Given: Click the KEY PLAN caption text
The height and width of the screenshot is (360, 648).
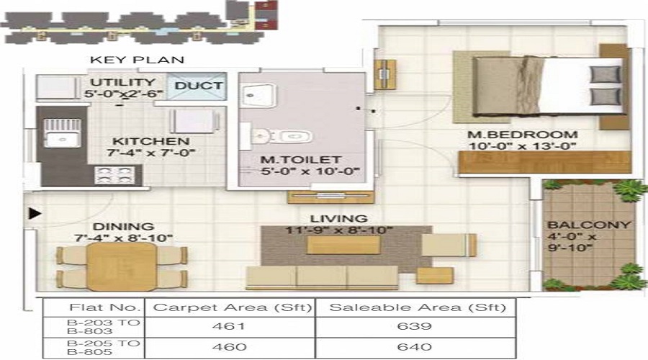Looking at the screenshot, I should click(137, 60).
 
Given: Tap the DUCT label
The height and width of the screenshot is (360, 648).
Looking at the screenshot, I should click(199, 86).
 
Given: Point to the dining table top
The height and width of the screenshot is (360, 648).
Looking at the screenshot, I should click(122, 266).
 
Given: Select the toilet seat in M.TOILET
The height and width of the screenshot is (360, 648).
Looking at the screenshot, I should click(292, 136).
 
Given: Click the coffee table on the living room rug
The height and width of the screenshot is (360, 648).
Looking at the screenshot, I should click(343, 246).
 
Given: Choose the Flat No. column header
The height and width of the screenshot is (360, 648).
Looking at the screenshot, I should click(94, 307).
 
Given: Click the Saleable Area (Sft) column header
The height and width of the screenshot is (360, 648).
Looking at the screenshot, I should click(417, 307).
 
